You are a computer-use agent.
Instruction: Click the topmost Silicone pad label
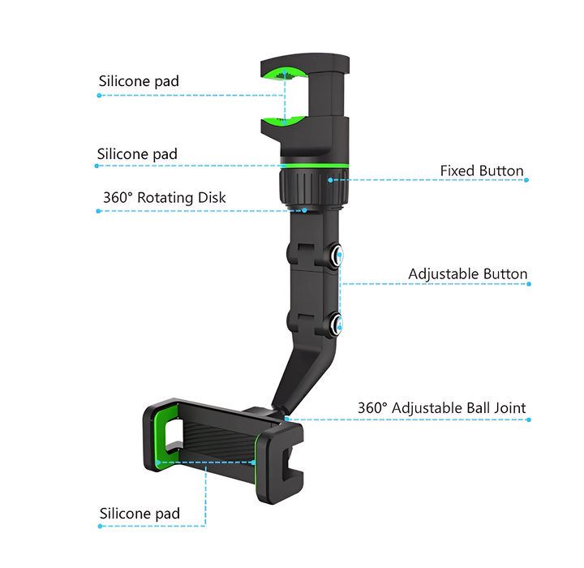point(139,81)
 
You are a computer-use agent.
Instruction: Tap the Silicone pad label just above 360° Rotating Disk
point(137,154)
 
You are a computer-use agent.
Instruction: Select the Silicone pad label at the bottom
point(140,514)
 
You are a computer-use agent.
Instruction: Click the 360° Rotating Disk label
point(165,197)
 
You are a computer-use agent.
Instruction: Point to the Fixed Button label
point(482,170)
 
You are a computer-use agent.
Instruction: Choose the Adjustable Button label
point(468,274)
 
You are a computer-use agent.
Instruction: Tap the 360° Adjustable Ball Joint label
point(442,407)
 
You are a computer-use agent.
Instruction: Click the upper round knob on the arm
point(337,256)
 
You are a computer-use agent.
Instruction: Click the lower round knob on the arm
point(337,325)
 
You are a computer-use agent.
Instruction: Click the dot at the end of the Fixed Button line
point(527,180)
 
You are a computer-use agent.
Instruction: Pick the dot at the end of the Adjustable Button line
point(527,284)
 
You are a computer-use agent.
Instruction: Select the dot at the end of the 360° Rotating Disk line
point(98,211)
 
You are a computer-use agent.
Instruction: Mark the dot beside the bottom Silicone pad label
point(99,526)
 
